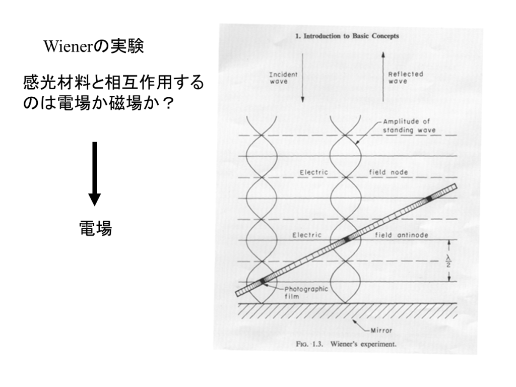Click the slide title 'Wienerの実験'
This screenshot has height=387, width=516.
(94, 46)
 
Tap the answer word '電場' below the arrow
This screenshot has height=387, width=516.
(95, 228)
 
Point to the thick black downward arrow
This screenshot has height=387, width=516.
(94, 174)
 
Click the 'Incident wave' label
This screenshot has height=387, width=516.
(283, 78)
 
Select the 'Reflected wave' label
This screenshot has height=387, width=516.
(406, 78)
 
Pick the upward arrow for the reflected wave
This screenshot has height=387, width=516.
(383, 77)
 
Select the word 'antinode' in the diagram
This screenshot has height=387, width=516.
(413, 235)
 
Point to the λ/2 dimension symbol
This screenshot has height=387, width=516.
(448, 262)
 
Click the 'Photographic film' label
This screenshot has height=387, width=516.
(306, 293)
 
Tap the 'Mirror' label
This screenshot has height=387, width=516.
(381, 331)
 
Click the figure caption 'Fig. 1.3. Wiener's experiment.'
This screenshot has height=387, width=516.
(346, 344)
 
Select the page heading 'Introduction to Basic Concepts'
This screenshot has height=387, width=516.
(351, 36)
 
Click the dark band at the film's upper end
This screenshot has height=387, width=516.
(429, 199)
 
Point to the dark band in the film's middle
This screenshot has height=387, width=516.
(347, 239)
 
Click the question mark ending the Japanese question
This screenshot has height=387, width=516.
(168, 103)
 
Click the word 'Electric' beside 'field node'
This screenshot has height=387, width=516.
(313, 172)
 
